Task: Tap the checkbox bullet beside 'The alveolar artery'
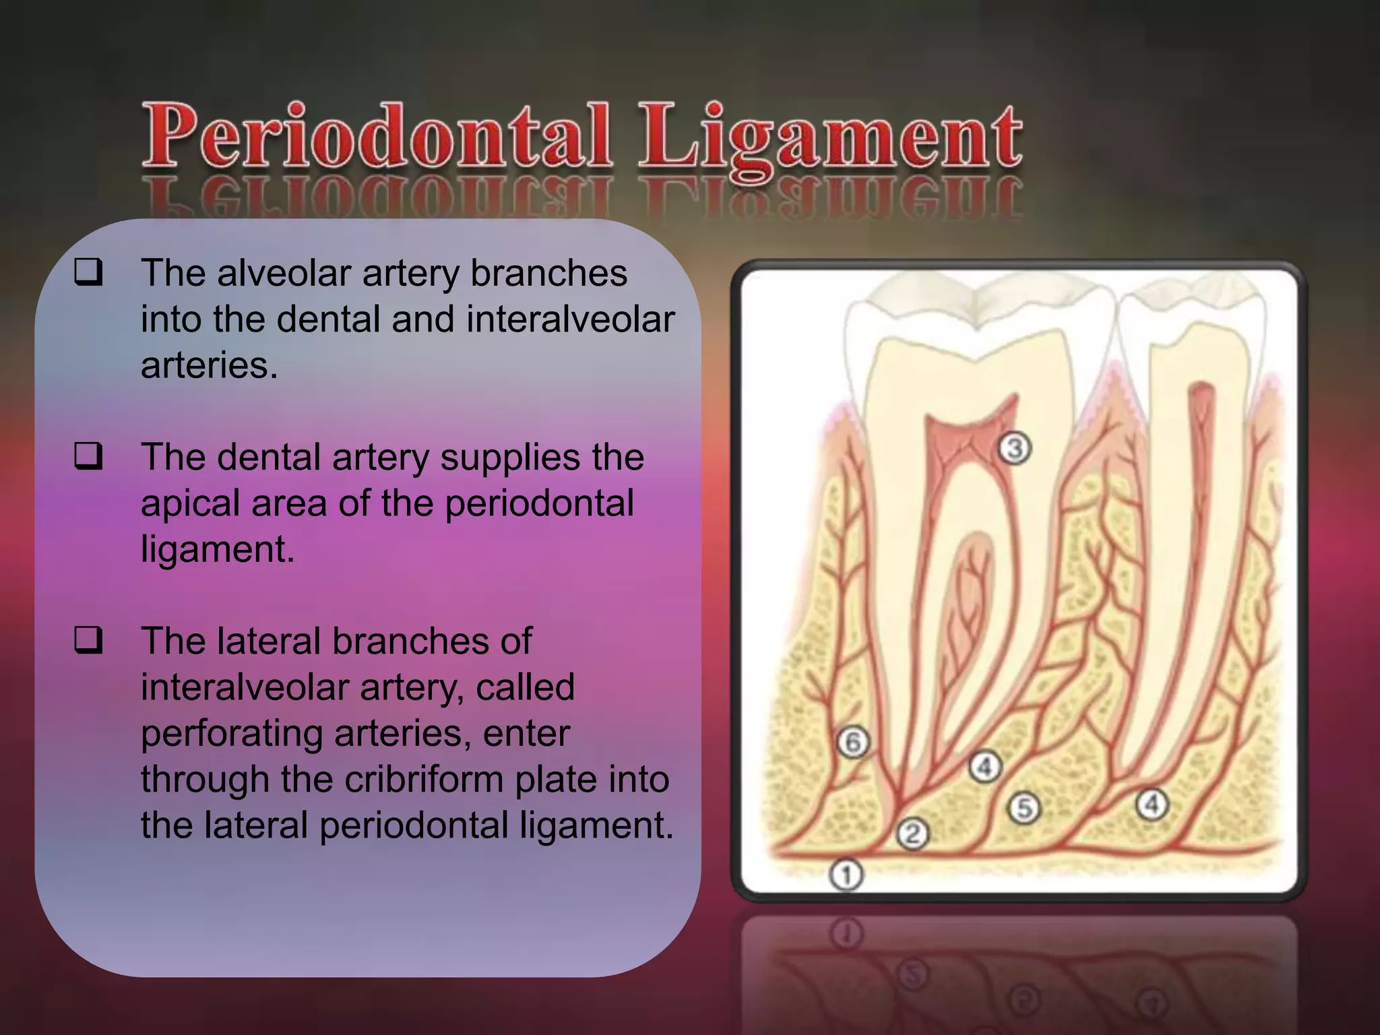(x=88, y=273)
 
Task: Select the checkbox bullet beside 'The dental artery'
(x=88, y=456)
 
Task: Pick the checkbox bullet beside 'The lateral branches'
(x=88, y=640)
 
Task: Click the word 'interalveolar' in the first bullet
(x=570, y=319)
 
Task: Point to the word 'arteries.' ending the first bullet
(x=209, y=365)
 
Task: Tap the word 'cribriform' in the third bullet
(x=425, y=779)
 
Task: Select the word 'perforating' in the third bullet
(x=231, y=733)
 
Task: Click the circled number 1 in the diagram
(x=846, y=875)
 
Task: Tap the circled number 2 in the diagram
(x=912, y=834)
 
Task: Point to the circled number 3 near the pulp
(x=1015, y=447)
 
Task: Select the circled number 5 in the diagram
(x=1024, y=807)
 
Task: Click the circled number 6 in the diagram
(x=853, y=743)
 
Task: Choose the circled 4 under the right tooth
(x=1152, y=804)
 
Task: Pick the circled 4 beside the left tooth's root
(x=984, y=767)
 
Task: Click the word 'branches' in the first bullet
(x=548, y=273)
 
